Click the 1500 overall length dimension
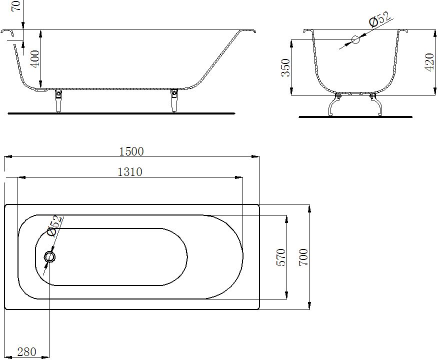(x=131, y=151)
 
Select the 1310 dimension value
(x=130, y=171)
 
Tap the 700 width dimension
(x=303, y=257)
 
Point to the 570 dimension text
(x=280, y=257)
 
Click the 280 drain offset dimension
(x=26, y=352)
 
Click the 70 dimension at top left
(x=16, y=6)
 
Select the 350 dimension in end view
(x=285, y=67)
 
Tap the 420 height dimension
(x=428, y=62)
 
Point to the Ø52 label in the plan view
(x=54, y=225)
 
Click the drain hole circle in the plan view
(x=50, y=257)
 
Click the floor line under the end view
(x=355, y=117)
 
